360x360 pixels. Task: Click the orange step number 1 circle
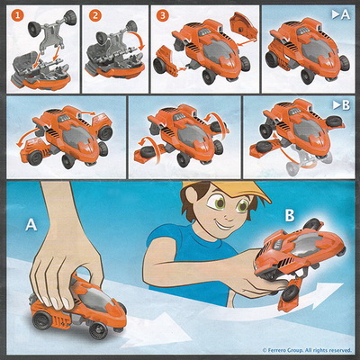click(x=18, y=15)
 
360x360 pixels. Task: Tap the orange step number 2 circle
click(x=94, y=15)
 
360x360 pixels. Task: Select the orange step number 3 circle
click(x=163, y=15)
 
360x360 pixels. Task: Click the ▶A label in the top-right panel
click(x=341, y=15)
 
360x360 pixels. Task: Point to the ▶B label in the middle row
click(x=341, y=105)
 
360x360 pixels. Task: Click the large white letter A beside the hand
click(x=31, y=225)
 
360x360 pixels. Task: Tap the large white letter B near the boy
click(x=290, y=215)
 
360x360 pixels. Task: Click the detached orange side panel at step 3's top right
click(x=244, y=28)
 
